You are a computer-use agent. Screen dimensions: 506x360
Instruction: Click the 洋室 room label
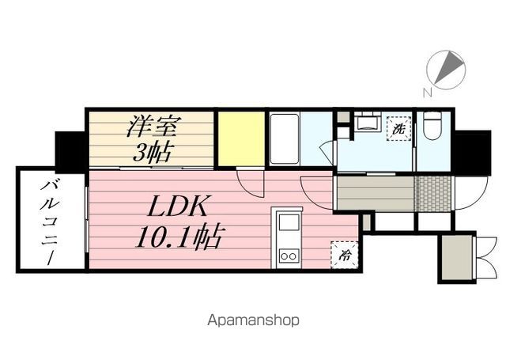coord(153,126)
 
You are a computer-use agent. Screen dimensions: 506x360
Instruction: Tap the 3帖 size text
coord(152,151)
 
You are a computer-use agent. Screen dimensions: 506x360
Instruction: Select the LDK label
coord(177,206)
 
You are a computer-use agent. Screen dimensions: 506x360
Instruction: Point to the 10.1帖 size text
coord(179,237)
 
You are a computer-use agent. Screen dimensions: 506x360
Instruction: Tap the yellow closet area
coord(241,138)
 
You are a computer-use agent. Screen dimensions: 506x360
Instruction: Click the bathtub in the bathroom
coord(284,138)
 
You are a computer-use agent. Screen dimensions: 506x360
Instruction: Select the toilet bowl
coord(432,126)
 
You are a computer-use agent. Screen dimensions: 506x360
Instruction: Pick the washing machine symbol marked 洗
coord(398,130)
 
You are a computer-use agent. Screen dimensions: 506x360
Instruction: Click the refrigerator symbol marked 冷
coord(345,255)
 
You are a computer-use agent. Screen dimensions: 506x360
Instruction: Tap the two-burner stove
coord(289,256)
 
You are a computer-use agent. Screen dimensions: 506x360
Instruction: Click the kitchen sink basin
coord(289,222)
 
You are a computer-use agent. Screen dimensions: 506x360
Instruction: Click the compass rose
coord(446,70)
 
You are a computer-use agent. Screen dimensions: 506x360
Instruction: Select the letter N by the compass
coord(428,93)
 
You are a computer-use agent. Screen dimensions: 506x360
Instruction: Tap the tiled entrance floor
coord(432,194)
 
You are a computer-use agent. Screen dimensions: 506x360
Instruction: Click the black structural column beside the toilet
coord(472,153)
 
